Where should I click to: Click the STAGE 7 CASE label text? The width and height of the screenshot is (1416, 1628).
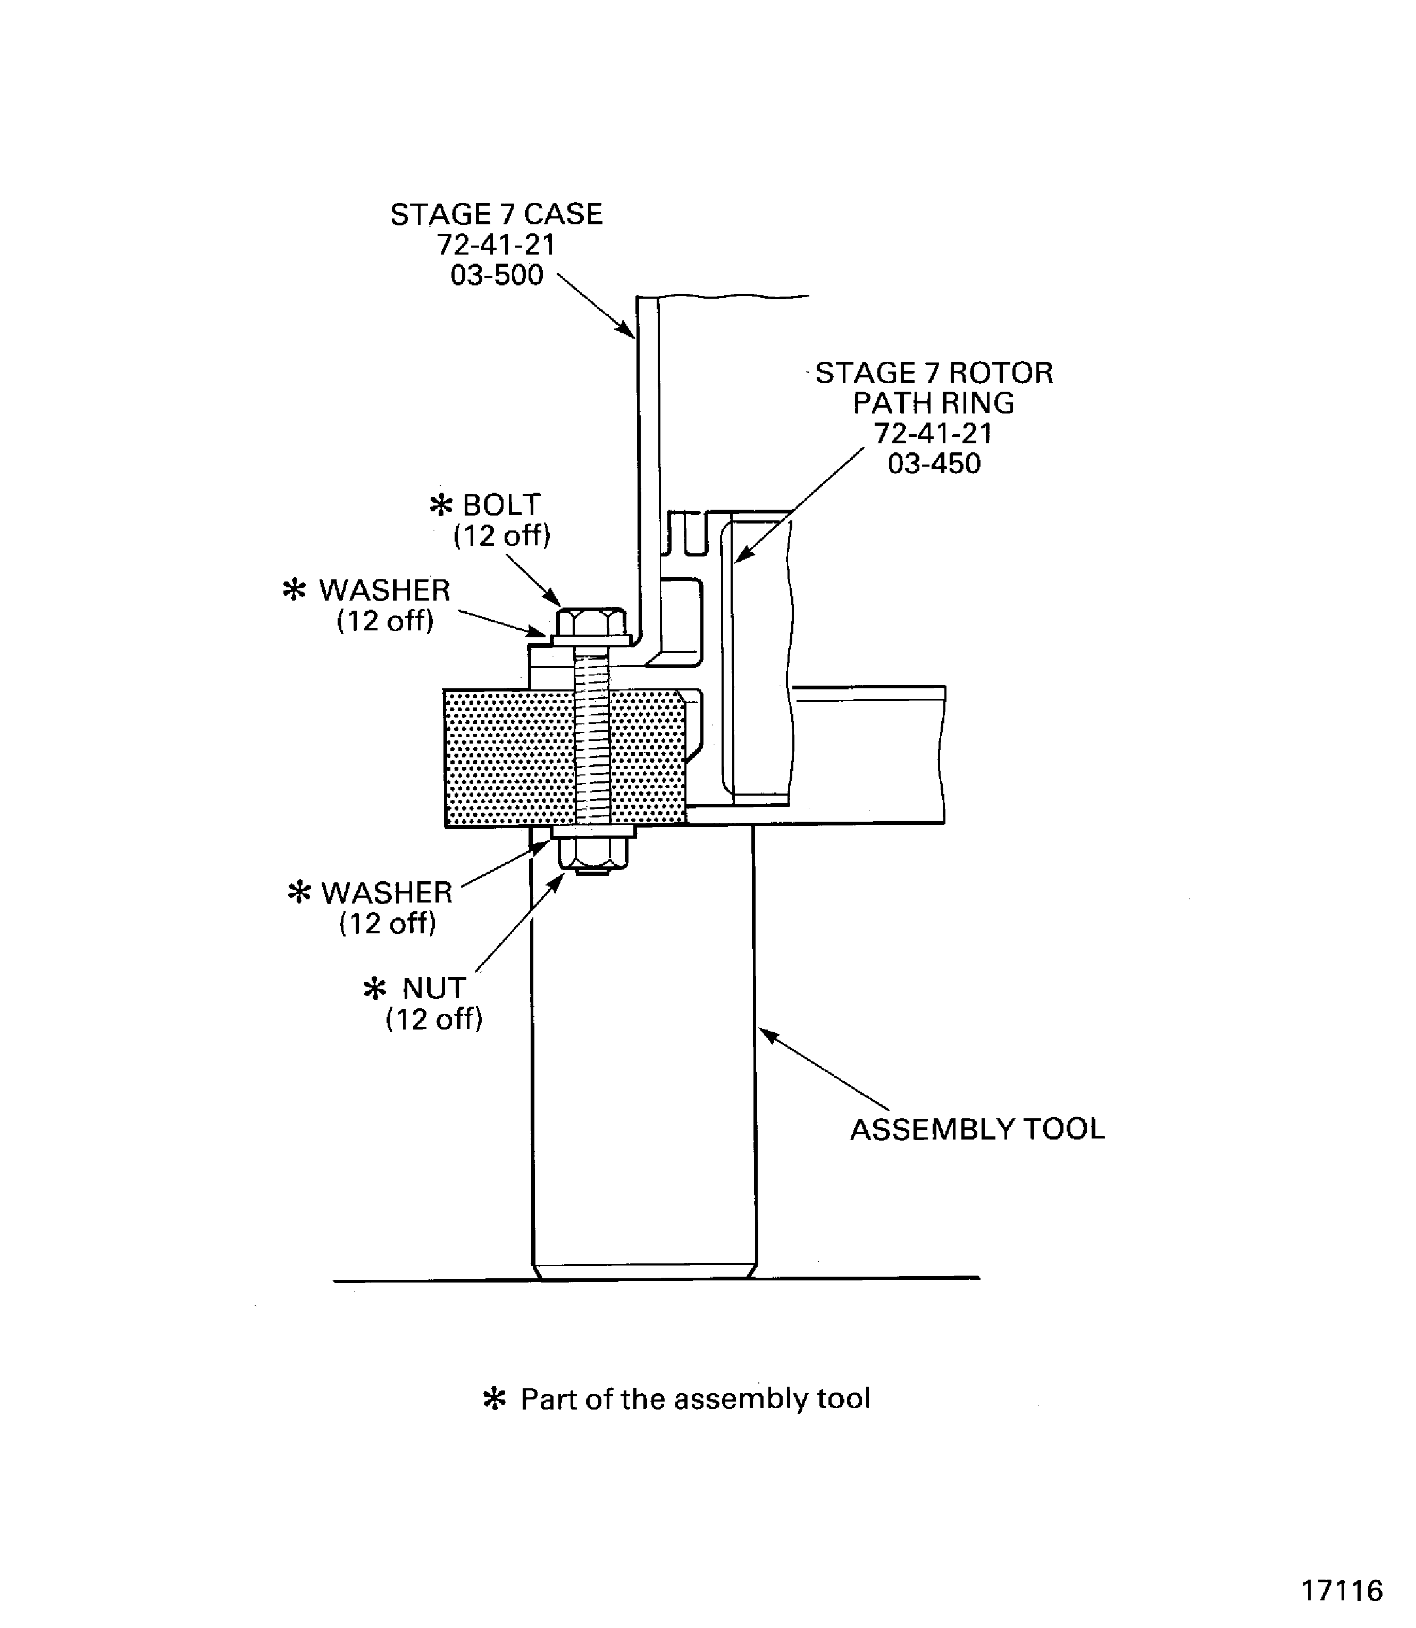pyautogui.click(x=496, y=215)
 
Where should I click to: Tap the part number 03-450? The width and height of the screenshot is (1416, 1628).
pyautogui.click(x=934, y=463)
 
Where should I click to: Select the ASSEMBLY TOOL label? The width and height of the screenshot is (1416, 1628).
pyautogui.click(x=977, y=1129)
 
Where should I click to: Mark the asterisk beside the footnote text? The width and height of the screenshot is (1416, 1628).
pyautogui.click(x=494, y=1399)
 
